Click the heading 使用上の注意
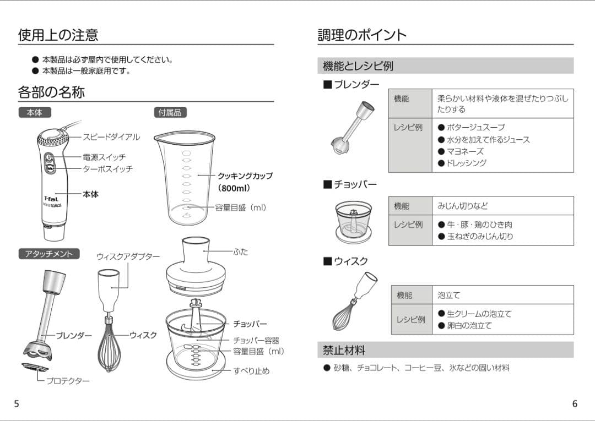click(x=58, y=35)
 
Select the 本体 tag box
click(x=34, y=112)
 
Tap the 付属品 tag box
click(x=170, y=112)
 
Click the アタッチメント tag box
click(x=48, y=254)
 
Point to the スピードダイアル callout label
click(x=111, y=137)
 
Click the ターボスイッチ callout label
click(x=107, y=169)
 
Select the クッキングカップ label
click(x=245, y=176)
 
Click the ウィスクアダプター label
click(x=128, y=256)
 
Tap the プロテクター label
click(x=68, y=380)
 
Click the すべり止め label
click(x=251, y=371)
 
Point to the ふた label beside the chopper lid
click(x=241, y=252)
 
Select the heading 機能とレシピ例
click(x=358, y=66)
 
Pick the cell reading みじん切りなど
click(x=462, y=206)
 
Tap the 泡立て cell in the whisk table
click(x=448, y=296)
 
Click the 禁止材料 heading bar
click(x=445, y=350)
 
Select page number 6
click(x=575, y=403)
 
